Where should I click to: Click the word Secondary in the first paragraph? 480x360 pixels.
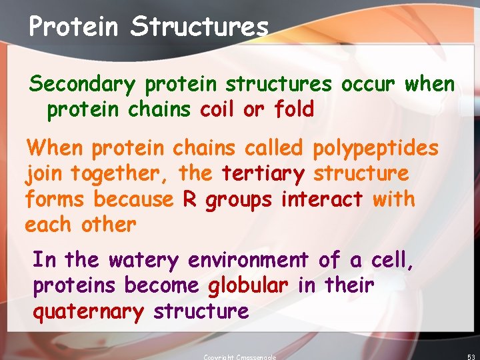pos(82,85)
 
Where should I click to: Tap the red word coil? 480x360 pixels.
pos(218,109)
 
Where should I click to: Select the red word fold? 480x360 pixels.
pos(294,109)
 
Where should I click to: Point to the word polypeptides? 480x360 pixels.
pos(376,148)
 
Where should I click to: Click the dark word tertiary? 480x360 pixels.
pos(263,174)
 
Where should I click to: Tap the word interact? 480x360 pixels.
pos(322,199)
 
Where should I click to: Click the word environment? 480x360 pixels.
pos(249,259)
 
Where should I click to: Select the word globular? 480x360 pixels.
pos(248,285)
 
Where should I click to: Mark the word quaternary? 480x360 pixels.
pos(88,311)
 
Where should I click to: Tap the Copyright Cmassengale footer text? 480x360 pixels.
pos(239,357)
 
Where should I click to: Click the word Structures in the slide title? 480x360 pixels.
pos(199,27)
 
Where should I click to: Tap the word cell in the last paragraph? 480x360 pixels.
pos(393,259)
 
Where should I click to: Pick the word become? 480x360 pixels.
pos(161,285)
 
